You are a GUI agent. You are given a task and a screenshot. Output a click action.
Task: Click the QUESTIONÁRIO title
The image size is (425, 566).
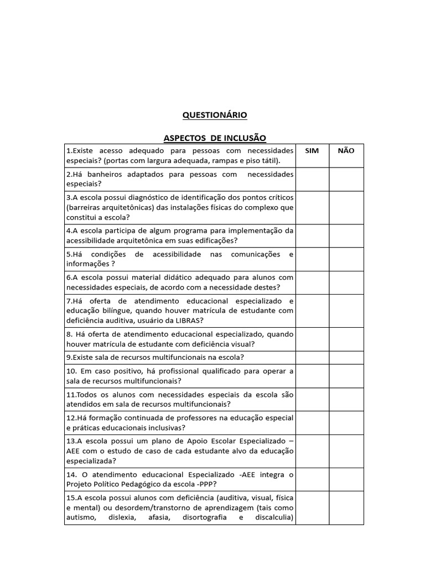215,115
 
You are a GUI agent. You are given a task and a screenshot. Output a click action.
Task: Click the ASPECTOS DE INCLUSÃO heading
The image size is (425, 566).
215,138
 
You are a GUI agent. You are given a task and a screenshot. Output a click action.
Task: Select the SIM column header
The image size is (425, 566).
312,151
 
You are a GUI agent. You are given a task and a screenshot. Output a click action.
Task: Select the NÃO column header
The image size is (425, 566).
346,151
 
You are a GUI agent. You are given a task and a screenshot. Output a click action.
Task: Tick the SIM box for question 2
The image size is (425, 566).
312,179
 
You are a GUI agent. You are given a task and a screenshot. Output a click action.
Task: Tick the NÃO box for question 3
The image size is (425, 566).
346,207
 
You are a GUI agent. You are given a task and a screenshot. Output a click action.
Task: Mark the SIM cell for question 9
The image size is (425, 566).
312,357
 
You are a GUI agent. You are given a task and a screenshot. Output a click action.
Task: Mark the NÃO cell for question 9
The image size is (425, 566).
346,357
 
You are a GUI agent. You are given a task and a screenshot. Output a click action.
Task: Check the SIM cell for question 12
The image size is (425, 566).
312,423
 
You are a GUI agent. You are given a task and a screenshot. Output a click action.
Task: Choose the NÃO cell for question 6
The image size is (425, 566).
346,282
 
